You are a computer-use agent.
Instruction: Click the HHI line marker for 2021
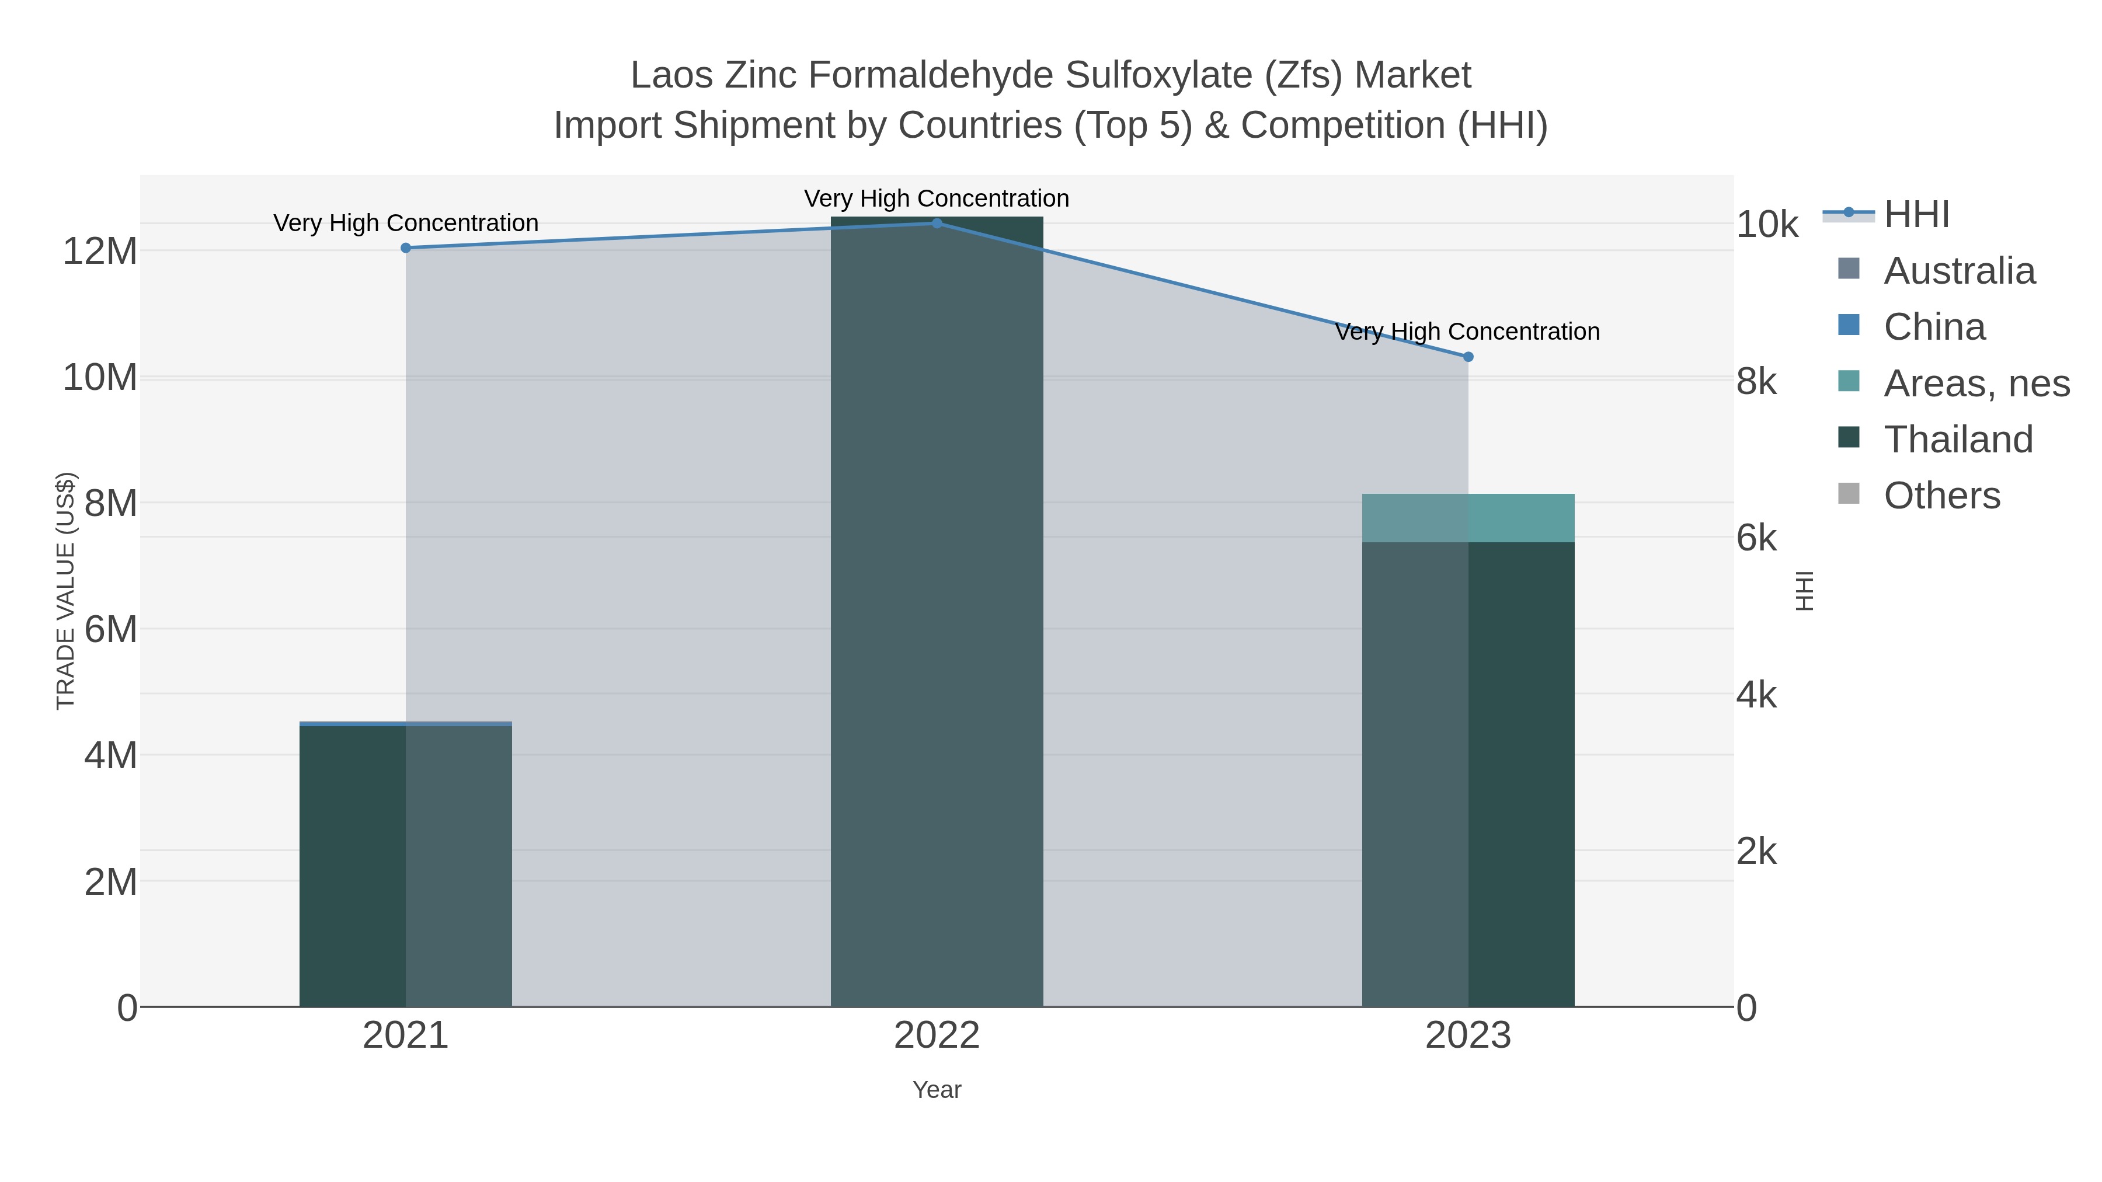[x=406, y=248]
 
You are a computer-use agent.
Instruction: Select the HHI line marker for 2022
[x=937, y=224]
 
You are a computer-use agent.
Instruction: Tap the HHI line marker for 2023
[x=1468, y=357]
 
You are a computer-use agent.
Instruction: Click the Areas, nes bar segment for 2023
[x=1468, y=518]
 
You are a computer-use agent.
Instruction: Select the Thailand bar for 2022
[x=937, y=612]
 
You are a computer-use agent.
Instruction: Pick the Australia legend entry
[x=1959, y=271]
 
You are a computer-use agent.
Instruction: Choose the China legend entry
[x=1934, y=327]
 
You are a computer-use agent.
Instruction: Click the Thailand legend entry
[x=1958, y=440]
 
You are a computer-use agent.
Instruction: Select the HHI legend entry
[x=1916, y=215]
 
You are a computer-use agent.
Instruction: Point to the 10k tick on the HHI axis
[x=1767, y=225]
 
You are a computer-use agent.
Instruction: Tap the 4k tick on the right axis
[x=1756, y=695]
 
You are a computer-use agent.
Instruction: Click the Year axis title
[x=937, y=1090]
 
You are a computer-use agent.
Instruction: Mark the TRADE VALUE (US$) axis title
[x=65, y=591]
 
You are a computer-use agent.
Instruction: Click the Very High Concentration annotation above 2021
[x=406, y=223]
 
